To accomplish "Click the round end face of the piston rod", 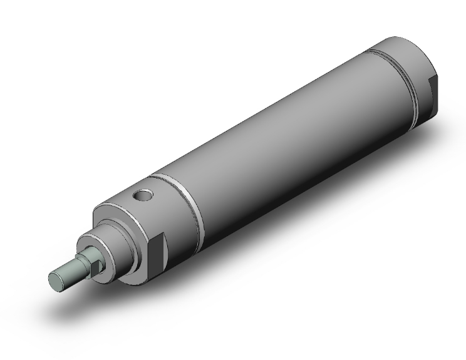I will (56, 279).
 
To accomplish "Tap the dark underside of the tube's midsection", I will (294, 188).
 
